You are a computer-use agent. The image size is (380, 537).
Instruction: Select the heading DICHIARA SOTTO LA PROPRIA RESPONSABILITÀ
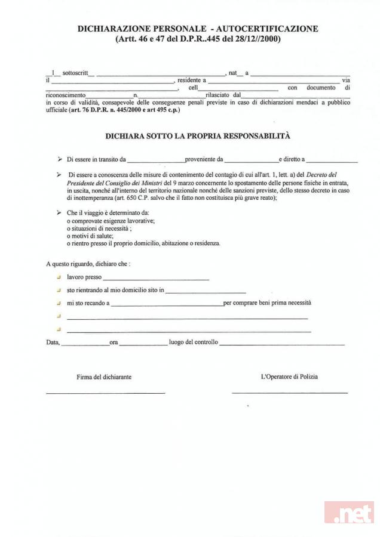[x=198, y=136]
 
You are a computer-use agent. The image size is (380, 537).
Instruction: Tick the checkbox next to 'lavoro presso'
[x=59, y=277]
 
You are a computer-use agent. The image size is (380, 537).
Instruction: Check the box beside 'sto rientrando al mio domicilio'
[x=59, y=290]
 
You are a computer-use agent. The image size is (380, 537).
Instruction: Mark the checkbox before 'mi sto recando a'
[x=59, y=303]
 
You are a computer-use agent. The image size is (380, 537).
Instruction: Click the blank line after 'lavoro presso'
[x=156, y=279]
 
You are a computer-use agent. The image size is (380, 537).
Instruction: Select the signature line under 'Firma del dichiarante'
[x=105, y=393]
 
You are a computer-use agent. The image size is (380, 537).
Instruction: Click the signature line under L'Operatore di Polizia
[x=289, y=393]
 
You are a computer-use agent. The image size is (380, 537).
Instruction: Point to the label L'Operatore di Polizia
[x=289, y=377]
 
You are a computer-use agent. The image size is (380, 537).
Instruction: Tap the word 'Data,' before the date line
[x=53, y=342]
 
